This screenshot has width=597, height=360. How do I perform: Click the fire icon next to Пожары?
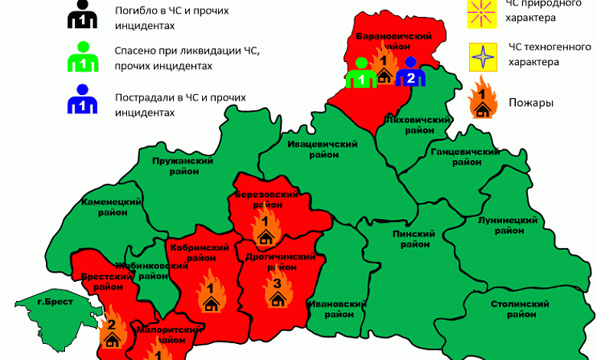coord(484,98)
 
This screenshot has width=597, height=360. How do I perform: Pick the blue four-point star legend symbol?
coord(484,56)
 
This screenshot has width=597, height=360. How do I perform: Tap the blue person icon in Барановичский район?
coord(410,73)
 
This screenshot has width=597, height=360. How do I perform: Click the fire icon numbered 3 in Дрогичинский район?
coord(277,290)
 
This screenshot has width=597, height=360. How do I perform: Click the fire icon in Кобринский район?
coord(210,295)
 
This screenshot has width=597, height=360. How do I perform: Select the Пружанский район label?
coord(182,166)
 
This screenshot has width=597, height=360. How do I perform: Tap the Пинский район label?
coord(413,239)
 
